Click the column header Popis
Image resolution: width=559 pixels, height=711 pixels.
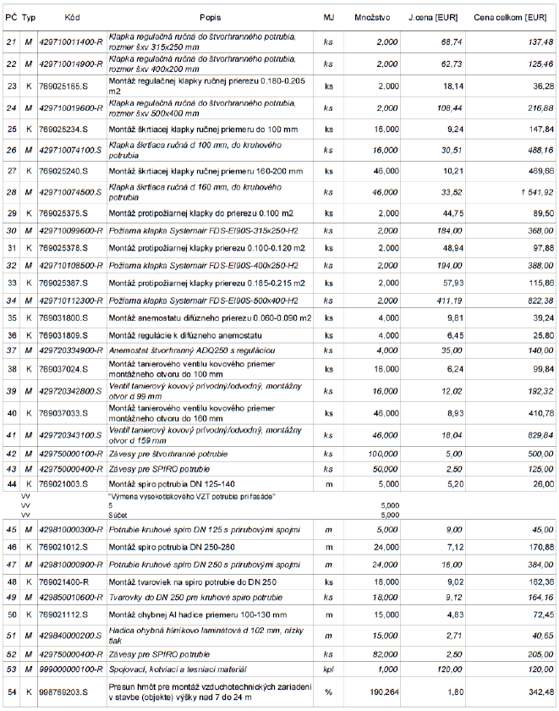211,17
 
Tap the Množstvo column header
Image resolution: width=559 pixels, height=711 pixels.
372,17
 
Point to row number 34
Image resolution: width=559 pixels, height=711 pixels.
11,300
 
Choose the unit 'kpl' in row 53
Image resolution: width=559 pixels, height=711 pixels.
328,670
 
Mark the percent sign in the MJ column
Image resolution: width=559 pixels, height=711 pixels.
328,692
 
